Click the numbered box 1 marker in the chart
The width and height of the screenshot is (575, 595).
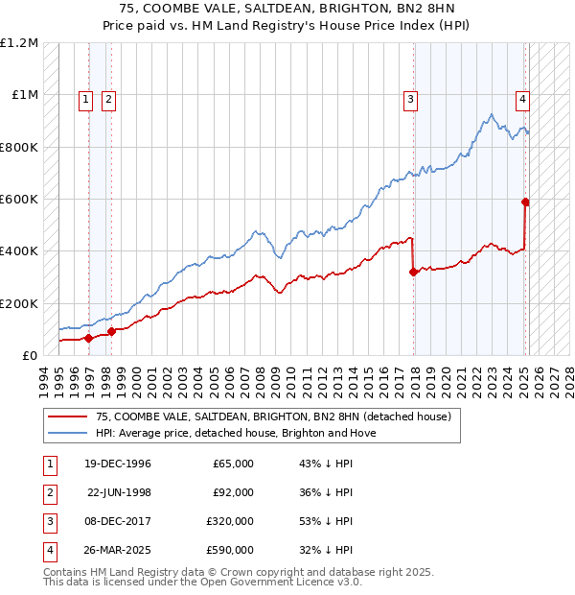coord(85,98)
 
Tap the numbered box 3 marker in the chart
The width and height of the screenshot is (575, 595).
coord(410,98)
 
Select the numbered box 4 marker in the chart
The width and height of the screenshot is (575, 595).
coord(523,98)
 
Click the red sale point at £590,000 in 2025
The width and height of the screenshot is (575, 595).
coord(525,202)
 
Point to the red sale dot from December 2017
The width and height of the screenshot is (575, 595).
coord(413,272)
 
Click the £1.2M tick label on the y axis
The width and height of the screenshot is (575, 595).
coord(19,43)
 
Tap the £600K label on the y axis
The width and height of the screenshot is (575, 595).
coord(19,200)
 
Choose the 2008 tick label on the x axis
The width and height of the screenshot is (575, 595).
coord(261,380)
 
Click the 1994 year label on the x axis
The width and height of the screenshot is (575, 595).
coord(44,380)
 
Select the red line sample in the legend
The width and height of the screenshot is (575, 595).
coord(69,416)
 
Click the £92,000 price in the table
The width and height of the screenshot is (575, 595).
coord(233,492)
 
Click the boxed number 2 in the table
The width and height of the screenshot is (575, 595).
coord(48,492)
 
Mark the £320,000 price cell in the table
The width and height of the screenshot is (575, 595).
coord(230,521)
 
